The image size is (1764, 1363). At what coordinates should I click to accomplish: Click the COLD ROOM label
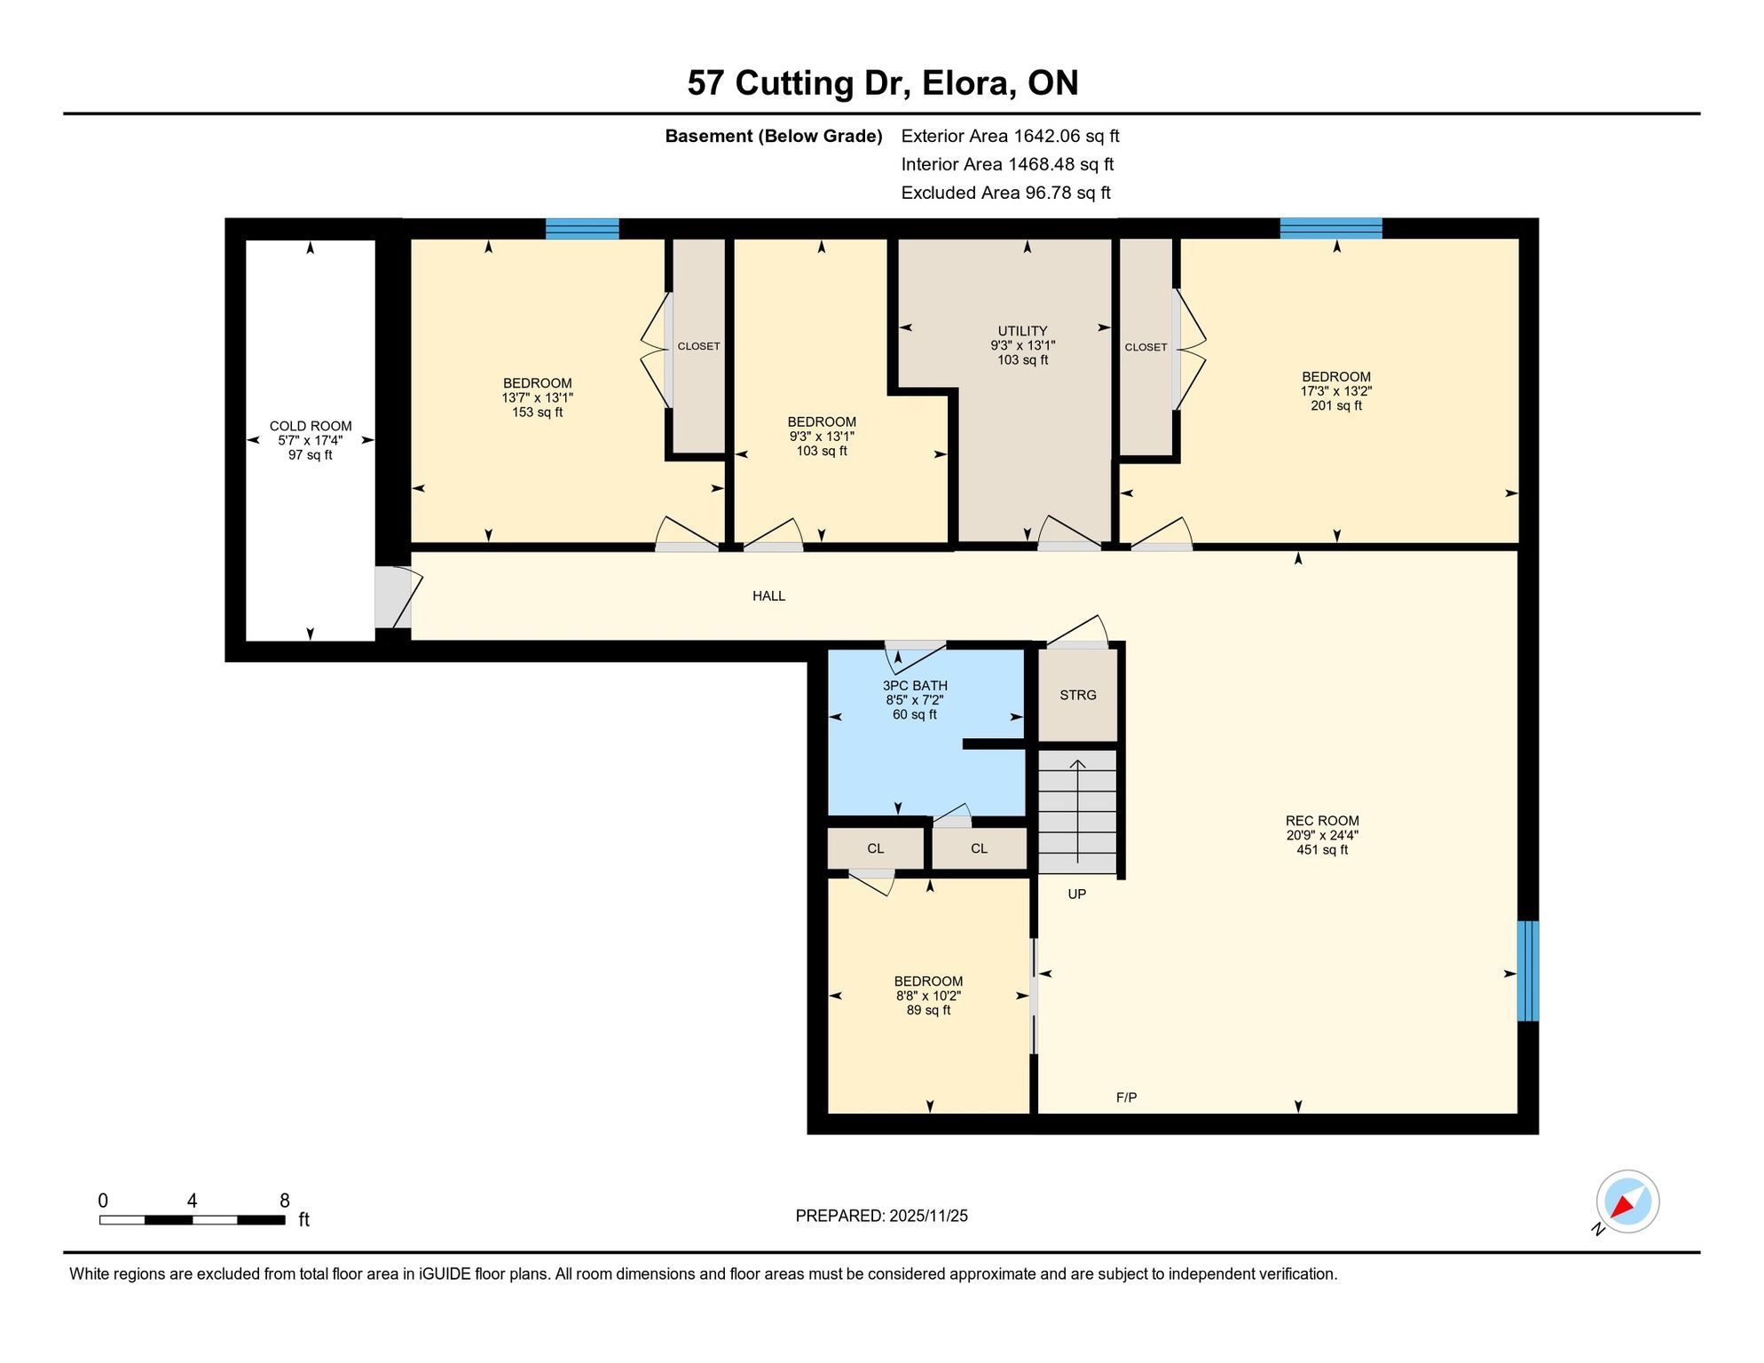[x=311, y=426]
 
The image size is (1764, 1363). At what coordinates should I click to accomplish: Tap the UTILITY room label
[x=1022, y=331]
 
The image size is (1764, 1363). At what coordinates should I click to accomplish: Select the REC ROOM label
[x=1322, y=821]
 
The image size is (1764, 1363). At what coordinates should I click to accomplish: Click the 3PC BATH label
[x=915, y=686]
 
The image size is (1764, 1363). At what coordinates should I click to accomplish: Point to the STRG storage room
[x=1078, y=696]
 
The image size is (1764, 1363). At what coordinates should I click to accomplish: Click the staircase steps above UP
[x=1077, y=811]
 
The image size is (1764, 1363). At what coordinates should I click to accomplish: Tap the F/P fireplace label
[x=1126, y=1098]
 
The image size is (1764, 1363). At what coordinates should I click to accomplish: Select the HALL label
[x=768, y=596]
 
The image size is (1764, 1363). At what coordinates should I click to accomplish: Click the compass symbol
[x=1627, y=1201]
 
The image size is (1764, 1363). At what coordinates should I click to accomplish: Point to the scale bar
[x=192, y=1220]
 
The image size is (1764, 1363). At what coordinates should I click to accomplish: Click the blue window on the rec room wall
[x=1528, y=971]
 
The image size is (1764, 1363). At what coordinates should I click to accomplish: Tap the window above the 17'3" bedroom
[x=1330, y=228]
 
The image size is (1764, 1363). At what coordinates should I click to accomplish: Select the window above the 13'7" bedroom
[x=582, y=229]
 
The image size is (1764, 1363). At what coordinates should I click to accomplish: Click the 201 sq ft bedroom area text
[x=1336, y=406]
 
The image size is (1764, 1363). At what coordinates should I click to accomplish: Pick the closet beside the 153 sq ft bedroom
[x=698, y=346]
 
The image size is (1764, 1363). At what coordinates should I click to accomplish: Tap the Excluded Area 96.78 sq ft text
[x=1005, y=193]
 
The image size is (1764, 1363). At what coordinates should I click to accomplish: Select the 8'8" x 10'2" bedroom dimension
[x=928, y=996]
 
